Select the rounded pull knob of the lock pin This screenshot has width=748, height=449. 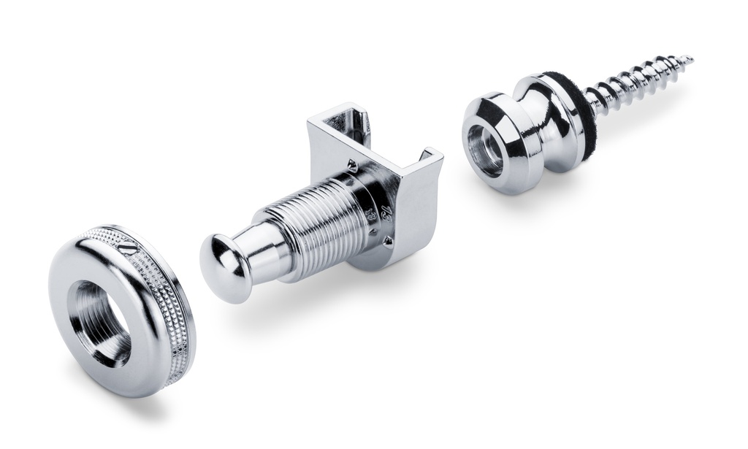(224, 267)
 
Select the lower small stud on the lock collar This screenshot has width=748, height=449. (387, 239)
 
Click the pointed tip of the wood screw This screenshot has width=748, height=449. (690, 58)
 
